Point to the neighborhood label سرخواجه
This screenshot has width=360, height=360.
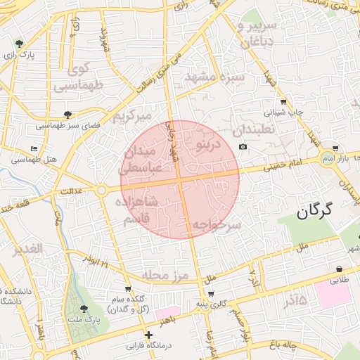click(x=217, y=225)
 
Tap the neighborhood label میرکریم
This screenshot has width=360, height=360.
click(x=133, y=114)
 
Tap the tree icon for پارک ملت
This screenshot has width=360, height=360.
click(x=85, y=309)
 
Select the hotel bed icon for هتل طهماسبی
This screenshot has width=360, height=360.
click(x=34, y=148)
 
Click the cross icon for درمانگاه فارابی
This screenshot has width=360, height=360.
click(x=148, y=335)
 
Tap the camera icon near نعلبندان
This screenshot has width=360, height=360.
click(x=243, y=146)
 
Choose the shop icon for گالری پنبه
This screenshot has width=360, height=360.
click(x=212, y=292)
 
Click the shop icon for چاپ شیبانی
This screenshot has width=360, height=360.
click(x=283, y=101)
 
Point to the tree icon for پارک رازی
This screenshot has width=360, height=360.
click(x=18, y=44)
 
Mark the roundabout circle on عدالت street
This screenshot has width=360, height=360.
click(x=102, y=190)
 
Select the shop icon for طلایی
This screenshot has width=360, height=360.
click(x=340, y=269)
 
